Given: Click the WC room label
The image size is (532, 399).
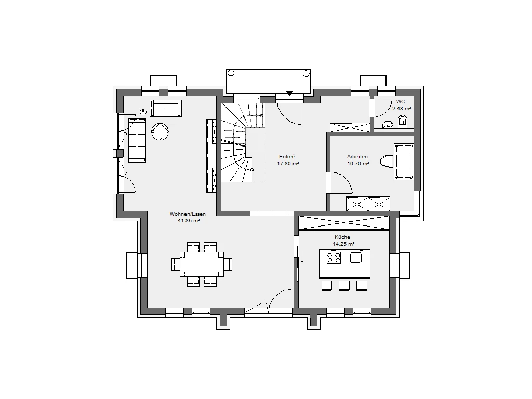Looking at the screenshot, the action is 401,102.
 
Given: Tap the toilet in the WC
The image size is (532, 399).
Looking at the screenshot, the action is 403,121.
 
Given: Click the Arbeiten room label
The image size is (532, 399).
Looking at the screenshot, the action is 357,157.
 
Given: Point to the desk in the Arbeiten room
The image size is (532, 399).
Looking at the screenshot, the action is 404,162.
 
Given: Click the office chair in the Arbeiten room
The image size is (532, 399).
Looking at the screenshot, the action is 387,162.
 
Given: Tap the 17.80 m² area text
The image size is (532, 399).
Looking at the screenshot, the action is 288,163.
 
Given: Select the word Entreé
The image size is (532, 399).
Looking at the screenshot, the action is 287,157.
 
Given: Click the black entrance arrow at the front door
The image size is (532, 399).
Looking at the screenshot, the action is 289,94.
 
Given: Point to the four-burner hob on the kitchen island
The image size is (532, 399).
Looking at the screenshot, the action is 334,258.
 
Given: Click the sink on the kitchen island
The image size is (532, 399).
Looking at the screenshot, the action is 356,258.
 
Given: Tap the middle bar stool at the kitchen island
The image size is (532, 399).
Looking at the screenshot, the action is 344,285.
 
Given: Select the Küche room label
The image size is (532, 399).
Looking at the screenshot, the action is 342,237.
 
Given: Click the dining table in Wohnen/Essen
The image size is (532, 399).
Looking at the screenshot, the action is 202,264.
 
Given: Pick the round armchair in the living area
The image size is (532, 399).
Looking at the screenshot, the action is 160,131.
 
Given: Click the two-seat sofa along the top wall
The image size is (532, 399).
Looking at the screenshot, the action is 166,108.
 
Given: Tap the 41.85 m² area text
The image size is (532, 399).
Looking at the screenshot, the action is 189,220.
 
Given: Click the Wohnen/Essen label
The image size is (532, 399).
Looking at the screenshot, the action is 188,214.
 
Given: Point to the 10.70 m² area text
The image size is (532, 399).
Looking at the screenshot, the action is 358,163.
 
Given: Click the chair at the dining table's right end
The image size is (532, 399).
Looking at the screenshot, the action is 228,264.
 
